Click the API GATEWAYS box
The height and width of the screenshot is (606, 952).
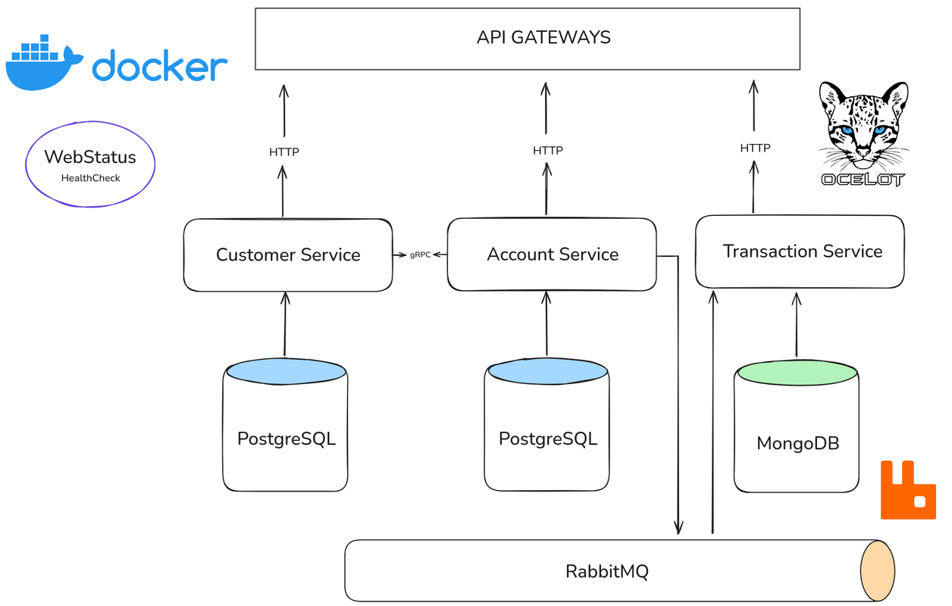(528, 39)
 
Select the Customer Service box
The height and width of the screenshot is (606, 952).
(288, 255)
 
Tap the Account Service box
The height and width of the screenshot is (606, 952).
(552, 255)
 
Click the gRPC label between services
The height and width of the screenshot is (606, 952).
(420, 255)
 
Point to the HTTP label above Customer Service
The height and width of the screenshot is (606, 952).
(284, 152)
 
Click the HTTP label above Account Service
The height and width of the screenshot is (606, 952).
(547, 151)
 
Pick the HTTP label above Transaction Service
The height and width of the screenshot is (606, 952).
(755, 148)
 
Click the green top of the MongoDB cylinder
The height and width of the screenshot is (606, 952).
(797, 373)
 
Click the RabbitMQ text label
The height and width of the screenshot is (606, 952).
(607, 571)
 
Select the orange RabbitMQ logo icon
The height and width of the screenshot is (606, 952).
(908, 490)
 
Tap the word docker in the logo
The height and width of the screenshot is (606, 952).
(160, 66)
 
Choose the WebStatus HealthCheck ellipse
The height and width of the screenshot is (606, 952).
(90, 164)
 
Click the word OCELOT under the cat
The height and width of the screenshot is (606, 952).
(863, 180)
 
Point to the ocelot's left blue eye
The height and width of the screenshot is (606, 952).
(846, 130)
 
